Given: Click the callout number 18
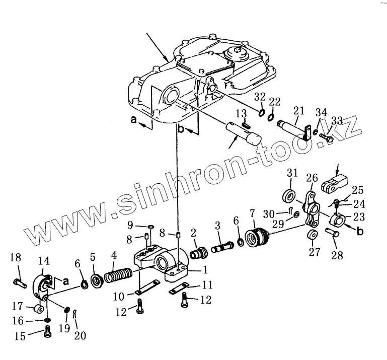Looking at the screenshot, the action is pos(16,258).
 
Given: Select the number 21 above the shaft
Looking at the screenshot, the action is pos(299,110).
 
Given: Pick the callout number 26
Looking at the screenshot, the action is pos(312,178).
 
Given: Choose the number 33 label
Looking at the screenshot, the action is pos(337,120).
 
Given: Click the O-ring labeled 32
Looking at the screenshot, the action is pos(262,111).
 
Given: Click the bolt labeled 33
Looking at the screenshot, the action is pos(327,135).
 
